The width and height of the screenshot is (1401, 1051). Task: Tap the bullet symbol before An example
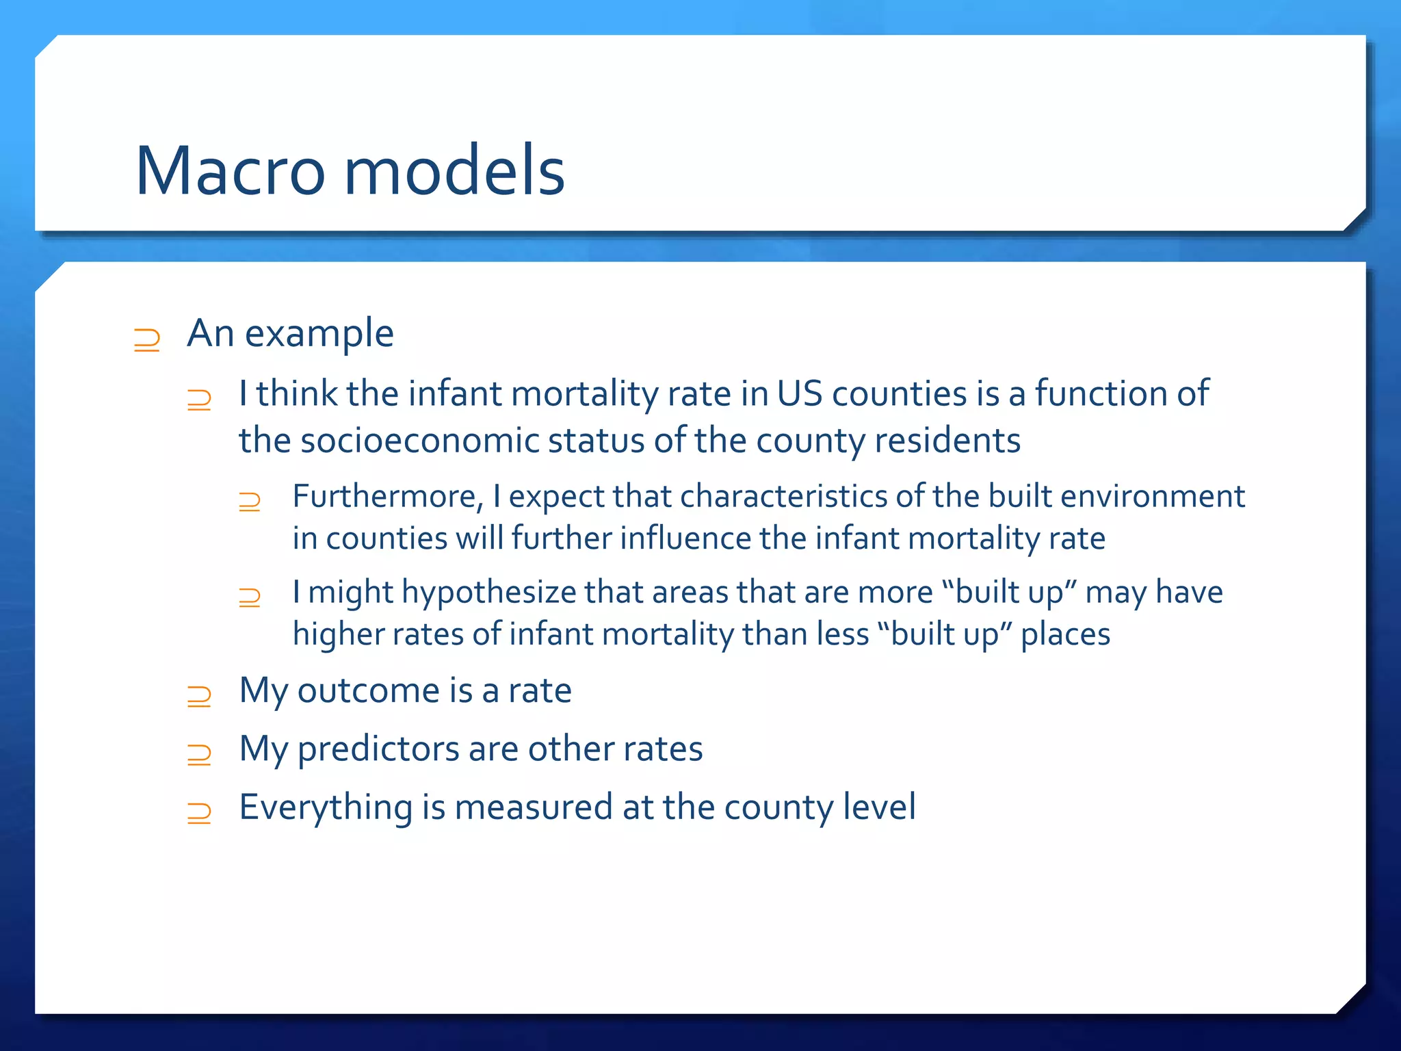click(146, 340)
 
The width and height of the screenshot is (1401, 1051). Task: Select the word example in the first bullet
click(319, 335)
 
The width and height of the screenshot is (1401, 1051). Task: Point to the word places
click(1065, 634)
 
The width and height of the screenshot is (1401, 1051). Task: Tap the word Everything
click(326, 807)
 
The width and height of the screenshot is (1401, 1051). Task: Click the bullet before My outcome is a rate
click(199, 697)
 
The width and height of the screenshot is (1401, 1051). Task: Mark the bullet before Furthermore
click(250, 502)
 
